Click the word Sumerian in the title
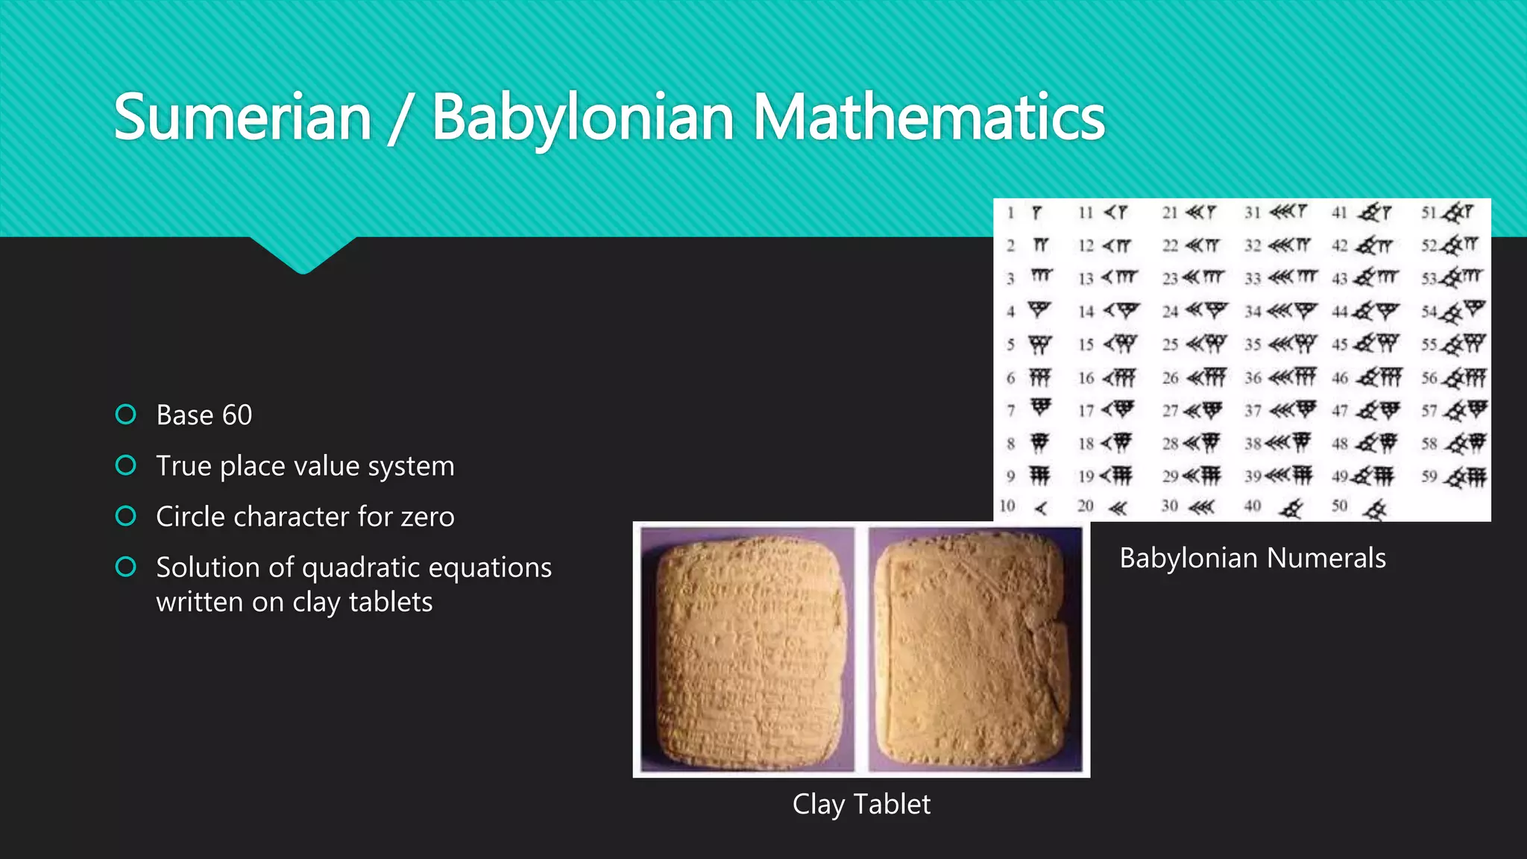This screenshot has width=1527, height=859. [243, 118]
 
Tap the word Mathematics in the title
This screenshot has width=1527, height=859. [929, 118]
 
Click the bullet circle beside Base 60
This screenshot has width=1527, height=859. [126, 415]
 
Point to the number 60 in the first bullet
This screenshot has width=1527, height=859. [237, 415]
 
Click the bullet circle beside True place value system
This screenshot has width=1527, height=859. [126, 465]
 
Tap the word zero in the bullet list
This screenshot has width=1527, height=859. [422, 517]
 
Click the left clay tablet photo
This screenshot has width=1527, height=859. [747, 649]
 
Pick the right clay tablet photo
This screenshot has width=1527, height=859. [975, 649]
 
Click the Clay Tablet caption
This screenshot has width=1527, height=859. [861, 805]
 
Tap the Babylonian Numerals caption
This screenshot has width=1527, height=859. [1253, 558]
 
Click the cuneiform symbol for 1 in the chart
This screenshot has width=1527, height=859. [1036, 213]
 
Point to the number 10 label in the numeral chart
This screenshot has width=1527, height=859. [1007, 506]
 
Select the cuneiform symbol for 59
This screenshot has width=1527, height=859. [1466, 476]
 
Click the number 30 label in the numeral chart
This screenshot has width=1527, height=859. [1169, 506]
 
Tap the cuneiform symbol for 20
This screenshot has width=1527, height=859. [1117, 509]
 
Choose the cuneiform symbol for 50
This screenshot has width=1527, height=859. [1374, 509]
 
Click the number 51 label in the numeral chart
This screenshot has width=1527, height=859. [1428, 213]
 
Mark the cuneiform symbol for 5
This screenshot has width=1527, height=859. [1039, 344]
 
